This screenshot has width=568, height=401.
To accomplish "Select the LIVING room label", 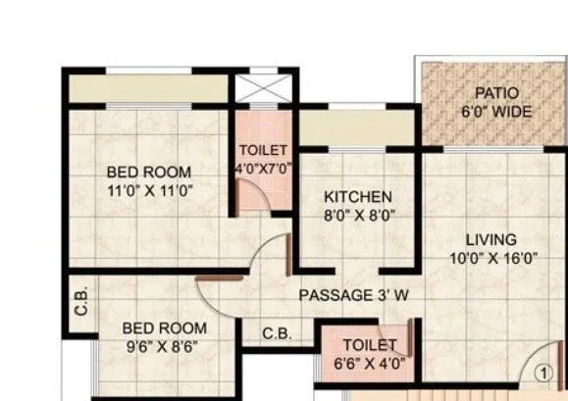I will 491,239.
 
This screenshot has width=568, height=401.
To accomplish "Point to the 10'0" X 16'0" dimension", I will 491,259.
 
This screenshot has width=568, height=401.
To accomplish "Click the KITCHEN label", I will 358,197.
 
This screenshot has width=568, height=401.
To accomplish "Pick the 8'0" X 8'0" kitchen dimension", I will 358,216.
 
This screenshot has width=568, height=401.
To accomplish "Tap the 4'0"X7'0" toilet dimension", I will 263,168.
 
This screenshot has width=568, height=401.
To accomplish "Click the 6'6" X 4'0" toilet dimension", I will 370,364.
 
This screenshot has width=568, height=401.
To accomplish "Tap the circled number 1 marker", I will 541,373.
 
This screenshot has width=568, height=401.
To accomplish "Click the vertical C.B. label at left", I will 81,311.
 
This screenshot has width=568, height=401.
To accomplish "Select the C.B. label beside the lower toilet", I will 277,333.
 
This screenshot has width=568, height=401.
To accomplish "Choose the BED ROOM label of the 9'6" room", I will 164,327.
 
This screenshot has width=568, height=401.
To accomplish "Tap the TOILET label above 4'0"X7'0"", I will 263,150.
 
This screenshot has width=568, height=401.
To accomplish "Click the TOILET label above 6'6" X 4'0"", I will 370,345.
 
